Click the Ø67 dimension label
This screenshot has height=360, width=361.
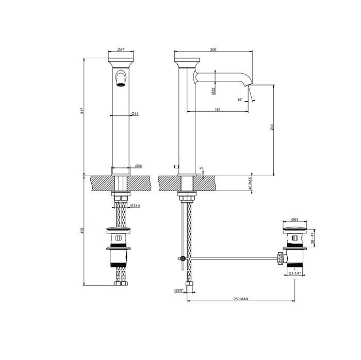click(121, 49)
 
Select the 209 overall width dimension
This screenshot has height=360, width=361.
click(214, 49)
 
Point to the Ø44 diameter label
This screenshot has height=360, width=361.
click(135, 114)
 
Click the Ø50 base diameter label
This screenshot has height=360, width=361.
click(139, 166)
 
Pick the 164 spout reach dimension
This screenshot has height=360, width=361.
click(218, 109)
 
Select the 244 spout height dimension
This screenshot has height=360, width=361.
click(271, 127)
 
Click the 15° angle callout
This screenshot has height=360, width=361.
click(240, 100)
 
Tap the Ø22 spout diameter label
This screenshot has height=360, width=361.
click(214, 91)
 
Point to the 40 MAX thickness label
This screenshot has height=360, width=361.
click(250, 184)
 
